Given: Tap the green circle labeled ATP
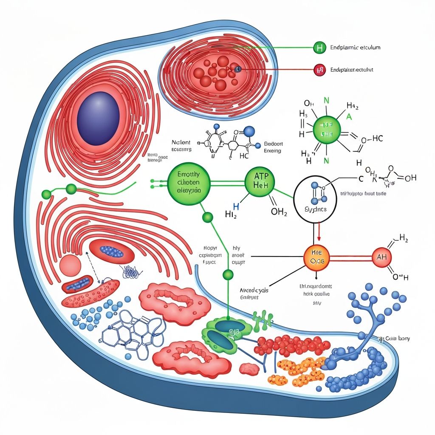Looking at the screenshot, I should click(x=258, y=182).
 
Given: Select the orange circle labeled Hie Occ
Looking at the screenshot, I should click(x=316, y=257).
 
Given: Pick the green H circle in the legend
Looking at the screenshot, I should click(x=319, y=48).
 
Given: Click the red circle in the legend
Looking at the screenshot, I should click(x=319, y=70).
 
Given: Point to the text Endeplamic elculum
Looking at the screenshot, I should click(x=355, y=48).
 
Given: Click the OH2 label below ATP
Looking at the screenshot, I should click(x=279, y=212).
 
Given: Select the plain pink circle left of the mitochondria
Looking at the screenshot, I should click(x=70, y=266).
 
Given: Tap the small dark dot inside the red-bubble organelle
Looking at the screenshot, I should click(x=237, y=69).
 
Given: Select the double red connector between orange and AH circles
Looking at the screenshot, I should click(x=349, y=257).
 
